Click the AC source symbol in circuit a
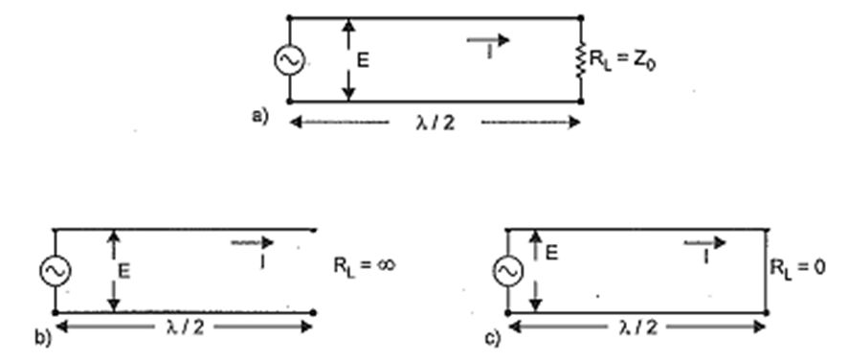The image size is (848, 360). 289,60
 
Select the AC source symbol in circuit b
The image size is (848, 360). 56,271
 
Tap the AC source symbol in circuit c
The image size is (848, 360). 508,271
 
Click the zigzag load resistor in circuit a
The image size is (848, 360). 581,60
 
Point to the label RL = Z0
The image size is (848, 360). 622,60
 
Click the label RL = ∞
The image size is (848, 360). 365,266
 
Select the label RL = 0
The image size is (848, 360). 798,268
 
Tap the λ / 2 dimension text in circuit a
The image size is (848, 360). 435,123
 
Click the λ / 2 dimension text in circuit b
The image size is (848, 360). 185,327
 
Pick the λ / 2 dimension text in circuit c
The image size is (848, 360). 637,327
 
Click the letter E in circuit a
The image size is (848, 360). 363,60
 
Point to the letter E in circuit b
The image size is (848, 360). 123,271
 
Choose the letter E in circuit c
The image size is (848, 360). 551,253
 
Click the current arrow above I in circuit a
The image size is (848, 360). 488,39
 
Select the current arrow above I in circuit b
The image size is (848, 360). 253,242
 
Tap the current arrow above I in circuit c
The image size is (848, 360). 704,243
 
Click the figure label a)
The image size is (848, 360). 259,117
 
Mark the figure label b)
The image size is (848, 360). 43,337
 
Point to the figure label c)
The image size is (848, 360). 493,338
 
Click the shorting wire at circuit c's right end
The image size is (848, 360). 767,271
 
